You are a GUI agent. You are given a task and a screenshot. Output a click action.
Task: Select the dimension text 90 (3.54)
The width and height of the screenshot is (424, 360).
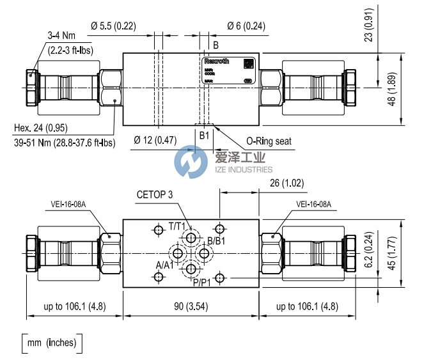(x=191, y=306)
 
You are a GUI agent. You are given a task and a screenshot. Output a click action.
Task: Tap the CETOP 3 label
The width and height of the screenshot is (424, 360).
(x=154, y=194)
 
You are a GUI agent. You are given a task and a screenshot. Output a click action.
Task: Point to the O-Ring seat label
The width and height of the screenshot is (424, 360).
(x=269, y=141)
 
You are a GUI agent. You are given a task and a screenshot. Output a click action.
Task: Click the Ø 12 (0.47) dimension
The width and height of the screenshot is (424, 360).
(x=155, y=140)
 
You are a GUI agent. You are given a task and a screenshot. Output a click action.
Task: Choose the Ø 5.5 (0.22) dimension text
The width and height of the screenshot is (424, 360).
(x=113, y=26)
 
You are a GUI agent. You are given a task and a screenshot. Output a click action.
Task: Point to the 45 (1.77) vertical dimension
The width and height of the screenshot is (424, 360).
(x=410, y=254)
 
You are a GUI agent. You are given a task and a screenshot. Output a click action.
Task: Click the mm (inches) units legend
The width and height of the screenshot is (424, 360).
(x=52, y=343)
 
